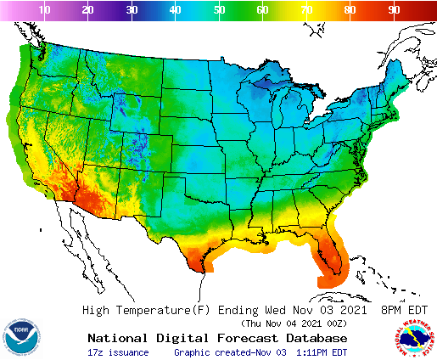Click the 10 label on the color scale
45,9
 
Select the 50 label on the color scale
219,9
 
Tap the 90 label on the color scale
394,9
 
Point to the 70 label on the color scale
306,9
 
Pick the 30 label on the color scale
132,9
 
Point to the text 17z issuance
118,352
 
